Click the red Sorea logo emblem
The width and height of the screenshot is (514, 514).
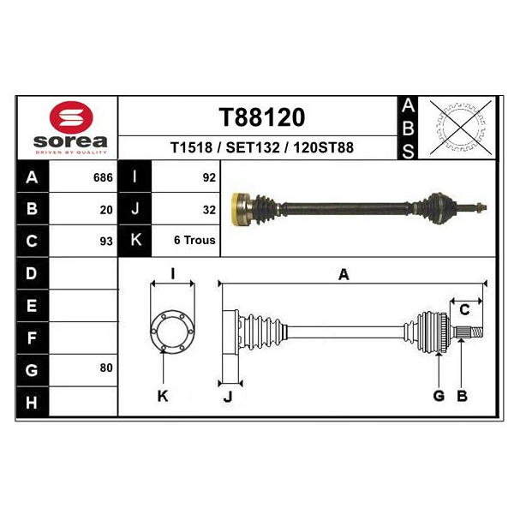71,117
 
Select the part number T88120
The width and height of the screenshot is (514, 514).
262,117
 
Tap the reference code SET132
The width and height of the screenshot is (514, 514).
253,147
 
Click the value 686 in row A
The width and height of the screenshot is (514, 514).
103,177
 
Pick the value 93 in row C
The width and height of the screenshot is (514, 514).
106,242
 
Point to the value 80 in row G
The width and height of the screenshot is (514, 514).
106,368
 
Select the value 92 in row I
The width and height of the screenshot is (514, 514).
209,177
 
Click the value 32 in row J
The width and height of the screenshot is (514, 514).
209,210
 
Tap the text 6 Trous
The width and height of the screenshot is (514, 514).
194,240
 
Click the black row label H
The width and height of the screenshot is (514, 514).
32,402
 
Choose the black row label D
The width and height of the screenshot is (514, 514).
32,273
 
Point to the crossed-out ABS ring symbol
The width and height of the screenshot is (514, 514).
461,128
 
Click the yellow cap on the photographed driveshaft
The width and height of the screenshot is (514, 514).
236,209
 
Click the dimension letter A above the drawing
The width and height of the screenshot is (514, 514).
344,274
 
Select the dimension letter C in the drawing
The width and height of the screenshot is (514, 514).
464,310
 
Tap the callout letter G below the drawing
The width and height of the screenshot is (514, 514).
439,396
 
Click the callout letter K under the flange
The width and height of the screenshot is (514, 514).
163,396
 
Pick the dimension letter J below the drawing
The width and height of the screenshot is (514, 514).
228,397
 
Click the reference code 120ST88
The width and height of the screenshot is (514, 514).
324,147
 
